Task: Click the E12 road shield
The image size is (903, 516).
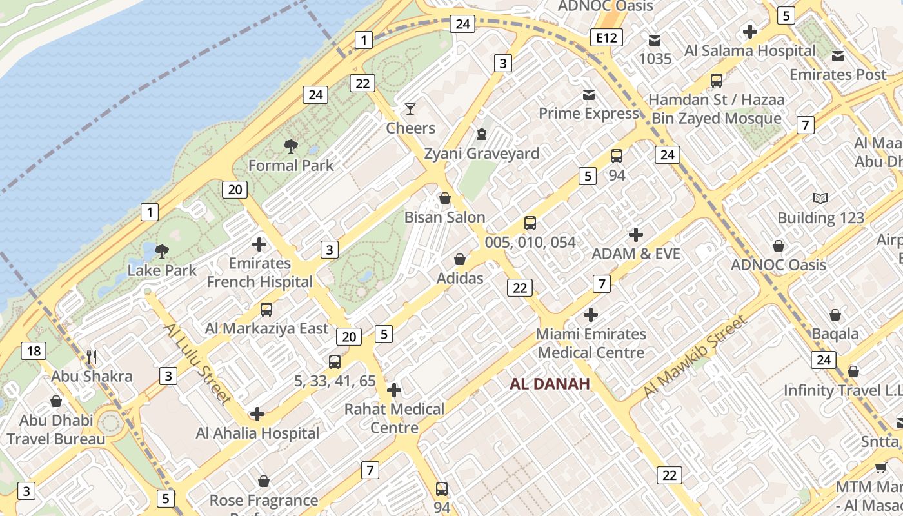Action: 606,38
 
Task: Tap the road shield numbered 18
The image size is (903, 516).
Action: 34,351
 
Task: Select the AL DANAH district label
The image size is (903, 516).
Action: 550,384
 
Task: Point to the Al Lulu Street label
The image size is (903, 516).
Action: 197,363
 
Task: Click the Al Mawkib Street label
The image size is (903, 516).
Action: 695,356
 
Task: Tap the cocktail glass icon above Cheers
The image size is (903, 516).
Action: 410,108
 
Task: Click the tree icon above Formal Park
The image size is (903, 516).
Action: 291,146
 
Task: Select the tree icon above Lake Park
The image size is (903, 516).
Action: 162,251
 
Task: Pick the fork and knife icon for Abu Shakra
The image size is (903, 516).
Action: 92,357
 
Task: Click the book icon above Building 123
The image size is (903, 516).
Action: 820,199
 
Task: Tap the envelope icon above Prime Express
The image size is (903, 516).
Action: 589,95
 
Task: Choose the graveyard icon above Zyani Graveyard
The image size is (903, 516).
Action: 481,134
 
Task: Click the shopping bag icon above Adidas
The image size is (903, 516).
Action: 460,259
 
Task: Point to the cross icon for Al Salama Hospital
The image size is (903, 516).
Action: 749,31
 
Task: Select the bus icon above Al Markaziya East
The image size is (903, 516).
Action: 266,310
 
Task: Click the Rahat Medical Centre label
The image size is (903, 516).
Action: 394,418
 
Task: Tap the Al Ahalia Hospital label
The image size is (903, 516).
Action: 257,433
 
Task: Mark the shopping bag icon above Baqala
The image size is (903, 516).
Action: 835,315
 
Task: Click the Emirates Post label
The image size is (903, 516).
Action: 838,75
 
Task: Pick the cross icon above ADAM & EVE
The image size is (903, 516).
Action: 636,235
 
